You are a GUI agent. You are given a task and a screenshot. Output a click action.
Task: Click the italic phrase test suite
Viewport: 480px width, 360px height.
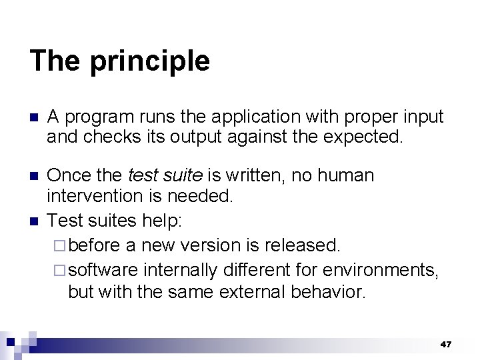tap(164, 176)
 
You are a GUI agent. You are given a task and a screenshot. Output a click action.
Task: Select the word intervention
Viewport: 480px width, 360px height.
tap(99, 196)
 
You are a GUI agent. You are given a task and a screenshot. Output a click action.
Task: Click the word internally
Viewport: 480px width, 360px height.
tap(181, 269)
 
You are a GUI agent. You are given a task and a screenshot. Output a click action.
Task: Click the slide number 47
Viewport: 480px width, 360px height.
tap(445, 344)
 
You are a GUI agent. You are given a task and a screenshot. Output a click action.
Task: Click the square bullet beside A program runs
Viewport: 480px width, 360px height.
tap(34, 118)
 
